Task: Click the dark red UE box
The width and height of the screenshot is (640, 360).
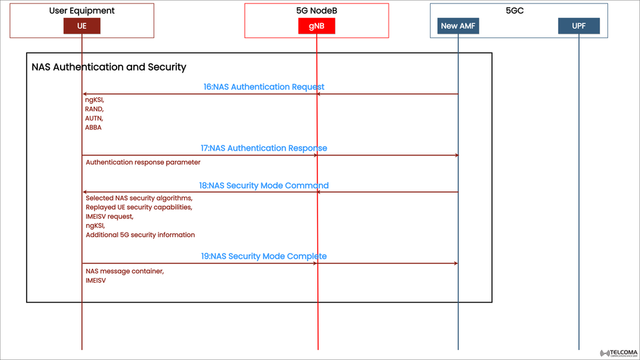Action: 82,26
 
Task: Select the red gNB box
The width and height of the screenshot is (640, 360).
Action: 317,26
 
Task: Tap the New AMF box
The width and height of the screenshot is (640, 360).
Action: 459,26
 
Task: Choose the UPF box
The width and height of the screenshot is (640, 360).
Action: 579,26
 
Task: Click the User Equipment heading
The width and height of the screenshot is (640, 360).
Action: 82,11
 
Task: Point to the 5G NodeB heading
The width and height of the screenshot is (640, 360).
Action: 316,11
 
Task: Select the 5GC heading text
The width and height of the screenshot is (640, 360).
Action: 515,11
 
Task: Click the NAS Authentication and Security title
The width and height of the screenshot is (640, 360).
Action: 109,67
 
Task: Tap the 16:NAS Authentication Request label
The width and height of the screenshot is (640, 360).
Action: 264,87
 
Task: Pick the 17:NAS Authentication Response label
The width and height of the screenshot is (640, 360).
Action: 264,148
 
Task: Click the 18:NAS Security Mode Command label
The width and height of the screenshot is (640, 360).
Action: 264,185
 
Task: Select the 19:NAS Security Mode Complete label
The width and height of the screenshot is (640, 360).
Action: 264,256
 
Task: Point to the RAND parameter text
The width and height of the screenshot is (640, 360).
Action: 94,109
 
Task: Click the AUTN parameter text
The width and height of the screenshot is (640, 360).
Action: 94,118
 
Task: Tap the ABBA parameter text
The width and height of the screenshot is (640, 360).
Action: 93,127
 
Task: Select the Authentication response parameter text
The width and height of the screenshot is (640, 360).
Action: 143,162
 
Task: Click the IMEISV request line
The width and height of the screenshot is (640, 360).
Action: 109,217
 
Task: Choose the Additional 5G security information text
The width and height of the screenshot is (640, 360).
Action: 140,235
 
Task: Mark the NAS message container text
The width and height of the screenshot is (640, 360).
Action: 125,271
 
